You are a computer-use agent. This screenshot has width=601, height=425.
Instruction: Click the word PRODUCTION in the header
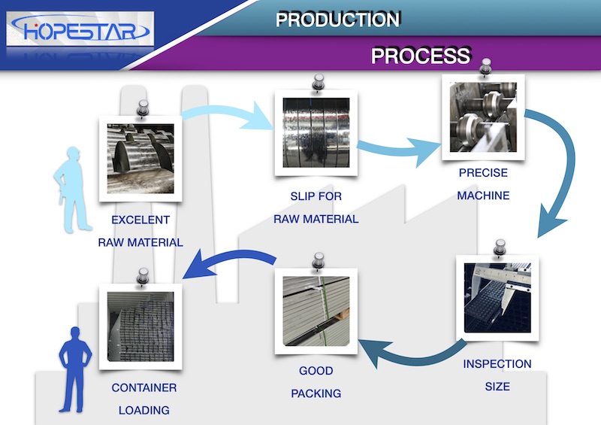tap(337, 20)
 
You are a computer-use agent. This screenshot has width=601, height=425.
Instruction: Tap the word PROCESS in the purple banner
tap(421, 56)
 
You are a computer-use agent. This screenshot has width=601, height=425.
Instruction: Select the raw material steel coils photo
tap(140, 159)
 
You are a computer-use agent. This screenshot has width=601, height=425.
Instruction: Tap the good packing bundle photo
tap(315, 311)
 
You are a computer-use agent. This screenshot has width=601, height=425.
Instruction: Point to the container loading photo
tap(141, 324)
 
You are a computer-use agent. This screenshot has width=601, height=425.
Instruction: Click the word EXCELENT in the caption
tap(140, 220)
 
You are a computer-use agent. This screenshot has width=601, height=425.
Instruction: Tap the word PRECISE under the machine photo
tap(484, 173)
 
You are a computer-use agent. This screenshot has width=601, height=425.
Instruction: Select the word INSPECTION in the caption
tap(497, 364)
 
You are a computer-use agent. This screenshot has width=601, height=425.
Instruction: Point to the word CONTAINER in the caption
tap(144, 388)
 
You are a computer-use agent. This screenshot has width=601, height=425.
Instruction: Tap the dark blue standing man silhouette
tap(75, 369)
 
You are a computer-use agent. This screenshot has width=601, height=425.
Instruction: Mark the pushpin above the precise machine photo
tap(485, 65)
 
